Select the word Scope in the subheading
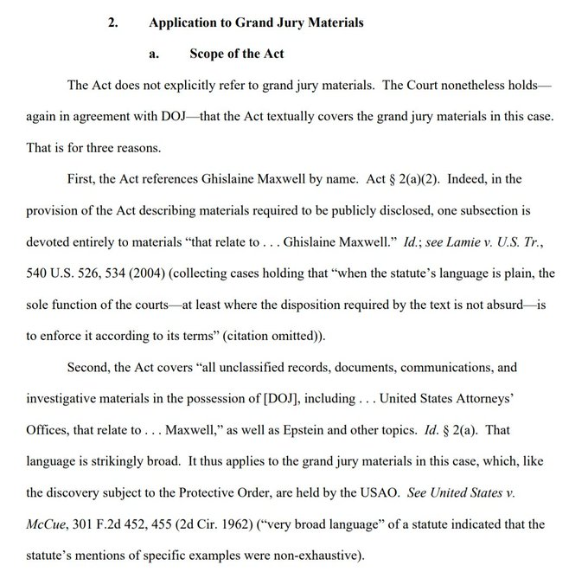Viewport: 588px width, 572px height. tap(208, 54)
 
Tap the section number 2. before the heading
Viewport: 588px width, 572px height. tap(112, 23)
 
